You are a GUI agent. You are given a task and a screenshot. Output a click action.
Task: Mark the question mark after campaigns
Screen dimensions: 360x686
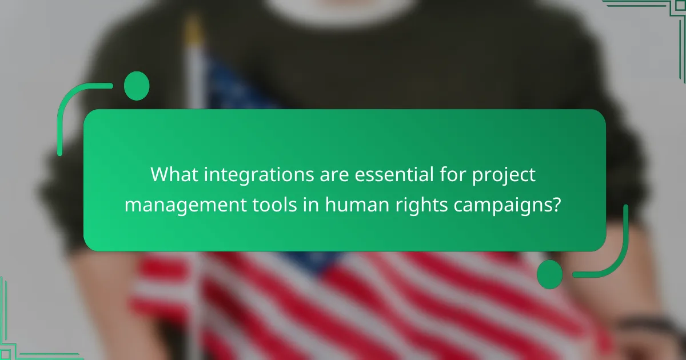556,203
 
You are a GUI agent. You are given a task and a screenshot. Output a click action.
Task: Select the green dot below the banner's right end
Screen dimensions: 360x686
549,274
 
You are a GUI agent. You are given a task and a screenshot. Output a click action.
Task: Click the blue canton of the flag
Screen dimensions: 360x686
240,91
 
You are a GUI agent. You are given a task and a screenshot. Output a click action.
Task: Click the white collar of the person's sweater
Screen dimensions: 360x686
343,7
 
